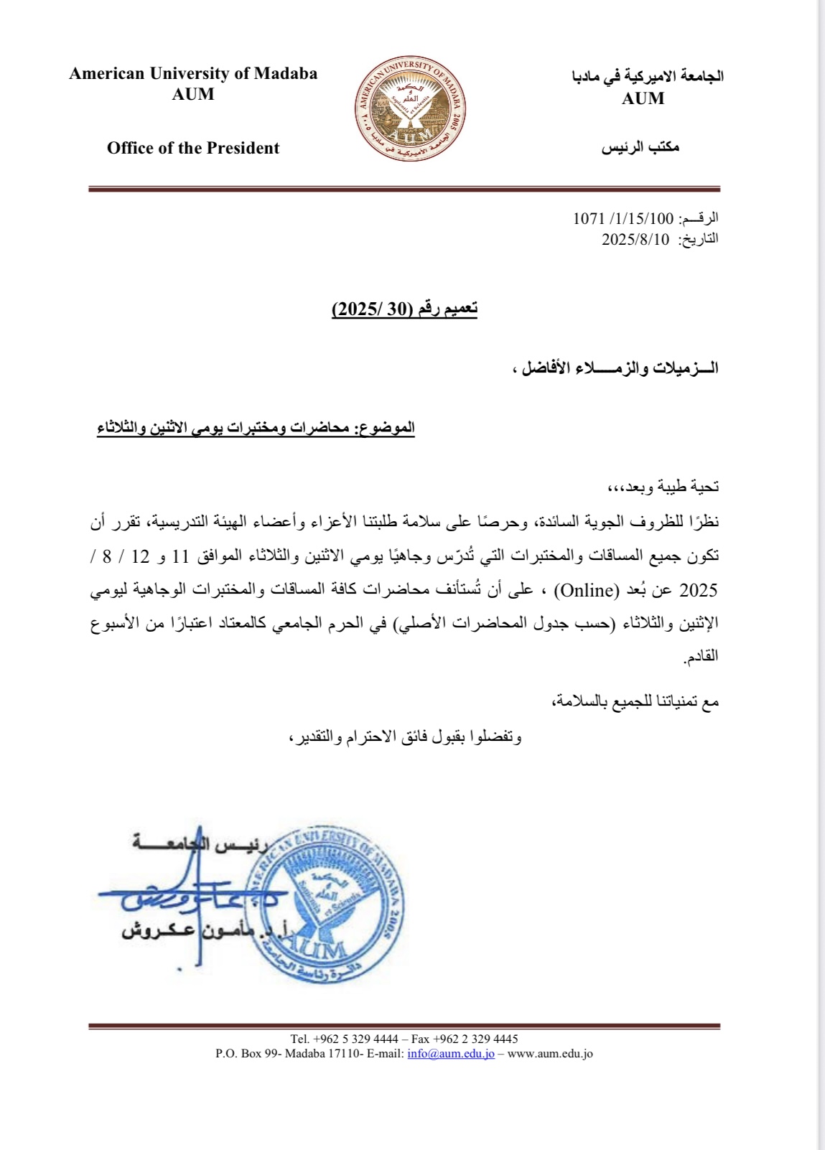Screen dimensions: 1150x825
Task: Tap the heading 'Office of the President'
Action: (x=193, y=148)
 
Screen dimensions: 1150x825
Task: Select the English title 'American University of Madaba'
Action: (x=193, y=73)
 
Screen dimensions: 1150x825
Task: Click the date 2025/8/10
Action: (x=635, y=239)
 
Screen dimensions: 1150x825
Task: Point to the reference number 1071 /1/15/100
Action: (x=623, y=218)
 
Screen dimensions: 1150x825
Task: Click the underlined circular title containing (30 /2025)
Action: (x=404, y=309)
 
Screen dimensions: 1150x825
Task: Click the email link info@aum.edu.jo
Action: (x=451, y=1054)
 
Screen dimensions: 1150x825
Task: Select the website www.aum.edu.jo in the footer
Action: (x=550, y=1054)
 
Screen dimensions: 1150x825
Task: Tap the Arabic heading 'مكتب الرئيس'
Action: (x=640, y=148)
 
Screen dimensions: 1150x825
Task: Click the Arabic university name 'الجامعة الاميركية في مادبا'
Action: (x=648, y=76)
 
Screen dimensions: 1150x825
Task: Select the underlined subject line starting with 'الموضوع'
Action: (x=256, y=428)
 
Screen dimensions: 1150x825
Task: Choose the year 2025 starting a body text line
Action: (x=698, y=590)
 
